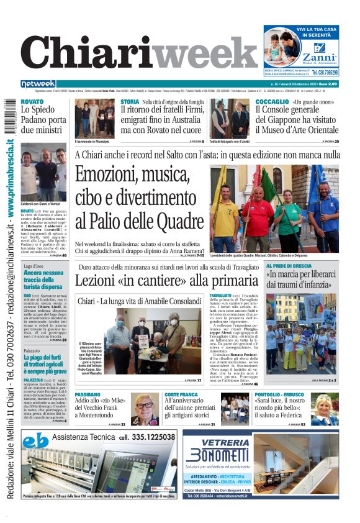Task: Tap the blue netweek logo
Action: coord(38,84)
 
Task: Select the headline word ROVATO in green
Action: coord(32,101)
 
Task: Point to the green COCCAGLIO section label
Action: coord(272,101)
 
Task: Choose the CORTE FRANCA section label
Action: coord(182,395)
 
